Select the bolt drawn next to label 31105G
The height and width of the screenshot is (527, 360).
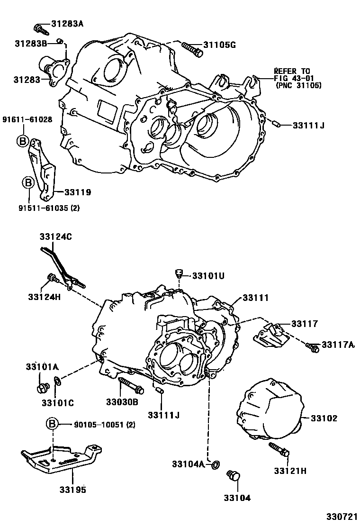tap(189, 47)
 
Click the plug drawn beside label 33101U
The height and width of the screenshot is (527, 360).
tap(179, 274)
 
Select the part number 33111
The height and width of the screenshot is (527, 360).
tap(256, 298)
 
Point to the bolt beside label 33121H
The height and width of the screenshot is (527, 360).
tap(279, 449)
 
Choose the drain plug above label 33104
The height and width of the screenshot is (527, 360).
tap(234, 475)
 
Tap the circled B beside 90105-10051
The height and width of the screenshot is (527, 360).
tap(52, 424)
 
